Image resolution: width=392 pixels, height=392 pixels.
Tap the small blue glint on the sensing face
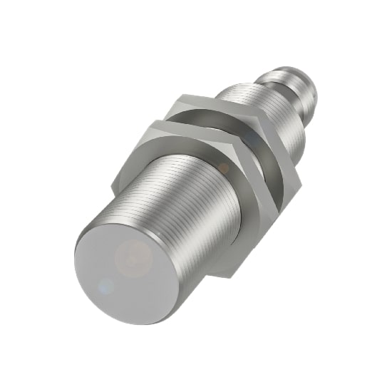tap(106, 287)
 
